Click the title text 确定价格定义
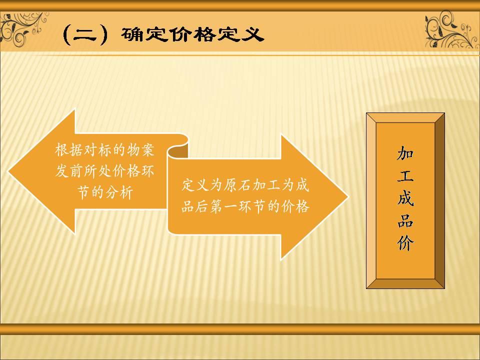click(192, 34)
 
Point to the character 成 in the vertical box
click(405, 199)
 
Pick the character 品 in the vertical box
click(405, 222)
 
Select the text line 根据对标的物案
click(104, 150)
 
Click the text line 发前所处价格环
click(104, 171)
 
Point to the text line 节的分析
click(105, 192)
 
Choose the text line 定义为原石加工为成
click(245, 186)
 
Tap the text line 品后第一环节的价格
click(245, 206)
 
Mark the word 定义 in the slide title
click(245, 34)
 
